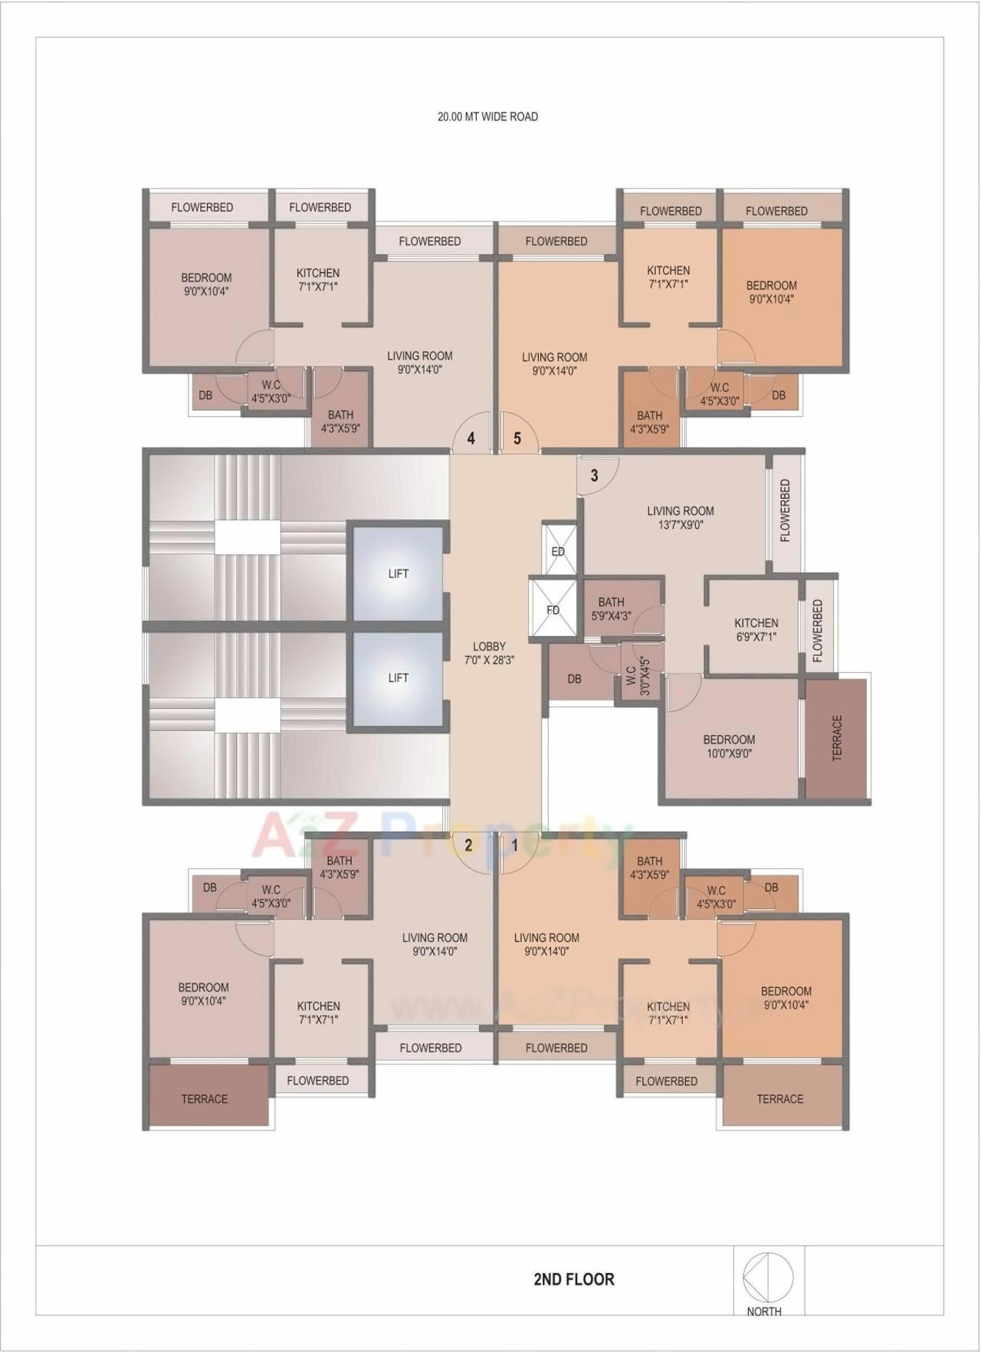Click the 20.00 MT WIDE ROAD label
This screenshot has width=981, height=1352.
487,117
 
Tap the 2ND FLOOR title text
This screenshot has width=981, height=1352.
573,1279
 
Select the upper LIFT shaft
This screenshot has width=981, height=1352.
398,573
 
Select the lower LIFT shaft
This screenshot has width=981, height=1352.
398,678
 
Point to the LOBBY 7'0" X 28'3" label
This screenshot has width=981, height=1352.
489,653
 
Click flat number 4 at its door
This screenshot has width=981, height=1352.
471,438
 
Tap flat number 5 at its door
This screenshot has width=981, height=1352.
517,438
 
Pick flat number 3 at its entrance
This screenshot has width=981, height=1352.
594,476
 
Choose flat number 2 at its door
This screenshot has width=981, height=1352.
468,846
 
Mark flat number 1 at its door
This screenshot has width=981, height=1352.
515,846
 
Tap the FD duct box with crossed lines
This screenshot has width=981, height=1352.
553,609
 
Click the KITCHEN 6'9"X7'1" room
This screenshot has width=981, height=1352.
756,629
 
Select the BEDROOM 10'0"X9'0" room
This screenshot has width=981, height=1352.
729,746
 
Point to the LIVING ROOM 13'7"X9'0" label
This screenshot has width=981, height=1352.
680,517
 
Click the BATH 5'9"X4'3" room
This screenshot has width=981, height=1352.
612,609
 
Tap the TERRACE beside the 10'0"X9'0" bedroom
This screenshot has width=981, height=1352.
836,738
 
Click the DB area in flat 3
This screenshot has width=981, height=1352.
574,678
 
